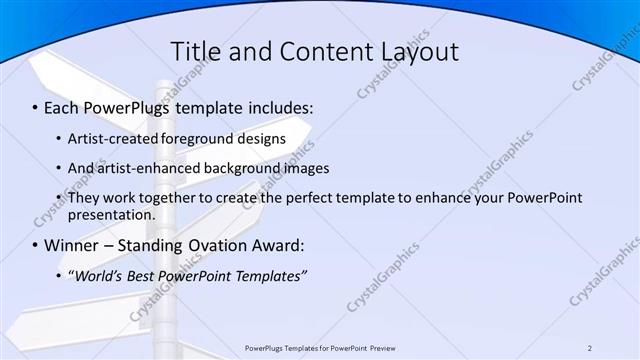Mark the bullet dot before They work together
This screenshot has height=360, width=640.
pos(59,198)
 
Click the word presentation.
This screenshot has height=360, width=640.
pos(111,214)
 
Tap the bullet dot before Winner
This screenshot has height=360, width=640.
pos(36,245)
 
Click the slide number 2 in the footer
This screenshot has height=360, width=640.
pos(590,347)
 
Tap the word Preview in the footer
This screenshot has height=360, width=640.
pos(389,347)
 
